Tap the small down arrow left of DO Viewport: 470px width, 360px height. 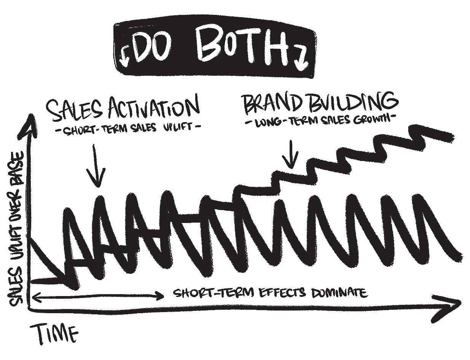click(x=124, y=57)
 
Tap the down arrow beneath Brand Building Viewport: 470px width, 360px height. click(x=291, y=155)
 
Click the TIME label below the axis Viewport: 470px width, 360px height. click(x=57, y=334)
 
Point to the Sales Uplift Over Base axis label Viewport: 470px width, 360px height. click(x=18, y=228)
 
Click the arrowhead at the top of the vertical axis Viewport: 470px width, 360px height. click(x=30, y=124)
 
